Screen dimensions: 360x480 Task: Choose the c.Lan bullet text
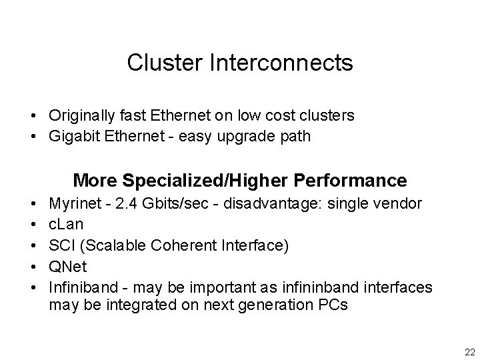66,223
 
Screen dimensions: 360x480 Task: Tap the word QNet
67,267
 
